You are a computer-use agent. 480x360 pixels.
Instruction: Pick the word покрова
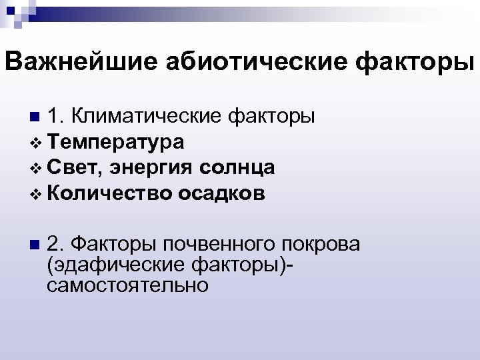tap(320, 244)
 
